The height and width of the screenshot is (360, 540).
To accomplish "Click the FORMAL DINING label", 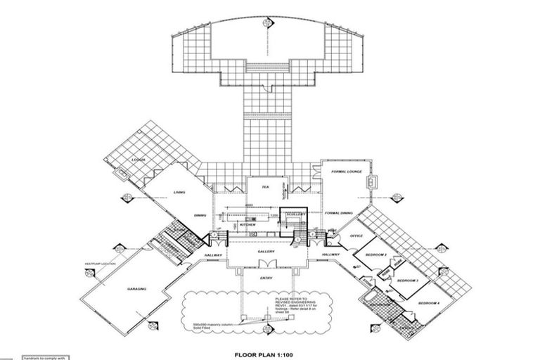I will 342,213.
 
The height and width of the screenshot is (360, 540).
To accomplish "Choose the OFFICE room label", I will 356,236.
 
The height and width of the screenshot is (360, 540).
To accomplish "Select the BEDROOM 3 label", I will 408,281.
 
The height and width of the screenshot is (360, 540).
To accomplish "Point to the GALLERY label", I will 266,251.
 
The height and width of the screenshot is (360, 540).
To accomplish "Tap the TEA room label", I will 266,188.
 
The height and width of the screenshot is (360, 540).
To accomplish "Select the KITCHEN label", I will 247,225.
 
